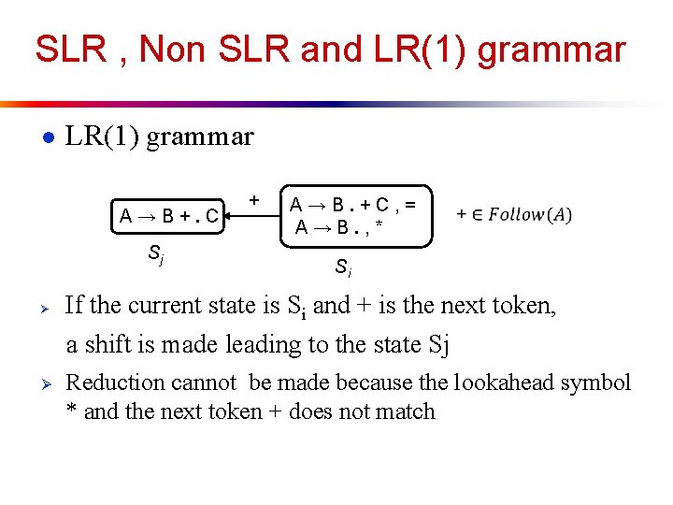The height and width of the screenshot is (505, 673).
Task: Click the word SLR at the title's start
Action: point(70,50)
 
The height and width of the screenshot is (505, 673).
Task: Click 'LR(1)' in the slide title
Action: point(420,50)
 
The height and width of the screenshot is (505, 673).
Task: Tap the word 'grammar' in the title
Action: point(551,50)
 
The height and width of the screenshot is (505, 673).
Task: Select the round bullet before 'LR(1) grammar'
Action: point(47,137)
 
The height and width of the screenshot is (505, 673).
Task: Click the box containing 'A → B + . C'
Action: point(169,217)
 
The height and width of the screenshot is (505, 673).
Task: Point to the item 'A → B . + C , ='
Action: point(353,205)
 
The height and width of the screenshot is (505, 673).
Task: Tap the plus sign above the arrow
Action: point(253,199)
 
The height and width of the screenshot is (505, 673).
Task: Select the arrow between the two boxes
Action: point(252,216)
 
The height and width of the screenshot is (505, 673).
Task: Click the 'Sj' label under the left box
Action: point(156,253)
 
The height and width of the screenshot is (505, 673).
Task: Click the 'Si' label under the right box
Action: point(343,268)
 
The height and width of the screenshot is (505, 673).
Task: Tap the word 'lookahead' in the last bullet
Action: point(508,382)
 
